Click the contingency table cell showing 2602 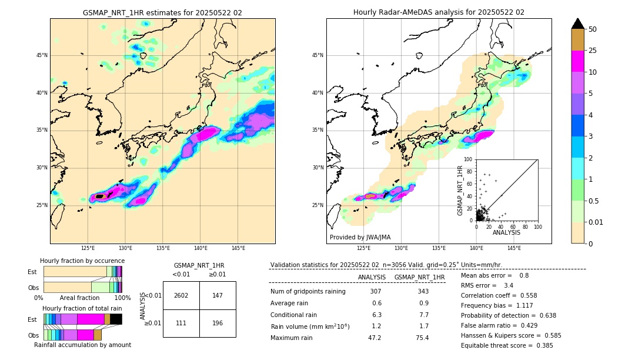point(181,295)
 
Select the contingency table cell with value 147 point(218,295)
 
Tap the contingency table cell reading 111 point(181,324)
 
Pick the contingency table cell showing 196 point(218,324)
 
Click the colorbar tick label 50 point(593,29)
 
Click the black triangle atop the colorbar point(578,24)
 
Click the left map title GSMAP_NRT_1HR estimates point(162,12)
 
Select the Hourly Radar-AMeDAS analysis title point(439,12)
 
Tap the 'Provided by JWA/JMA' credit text point(360,237)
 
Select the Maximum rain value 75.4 point(422,338)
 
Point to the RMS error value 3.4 point(509,285)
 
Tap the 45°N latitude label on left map point(42,55)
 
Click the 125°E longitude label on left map point(88,249)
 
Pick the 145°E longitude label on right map point(514,249)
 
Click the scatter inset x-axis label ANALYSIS point(506,232)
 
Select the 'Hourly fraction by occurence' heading point(82,261)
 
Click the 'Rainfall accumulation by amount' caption point(82,345)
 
